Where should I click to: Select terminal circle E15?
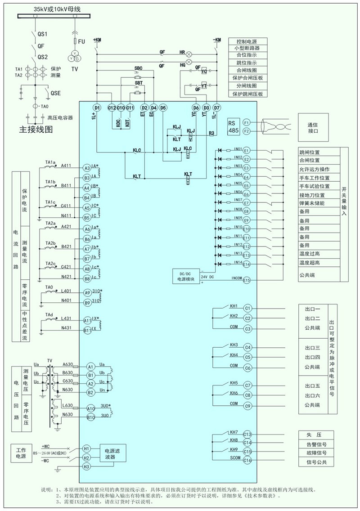click(x=246, y=280)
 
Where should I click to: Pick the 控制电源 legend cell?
click(x=248, y=41)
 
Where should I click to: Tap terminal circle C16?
click(x=247, y=460)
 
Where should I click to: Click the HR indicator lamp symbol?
click(x=189, y=53)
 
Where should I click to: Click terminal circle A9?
click(x=87, y=293)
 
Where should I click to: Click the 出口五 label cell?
click(x=312, y=386)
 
